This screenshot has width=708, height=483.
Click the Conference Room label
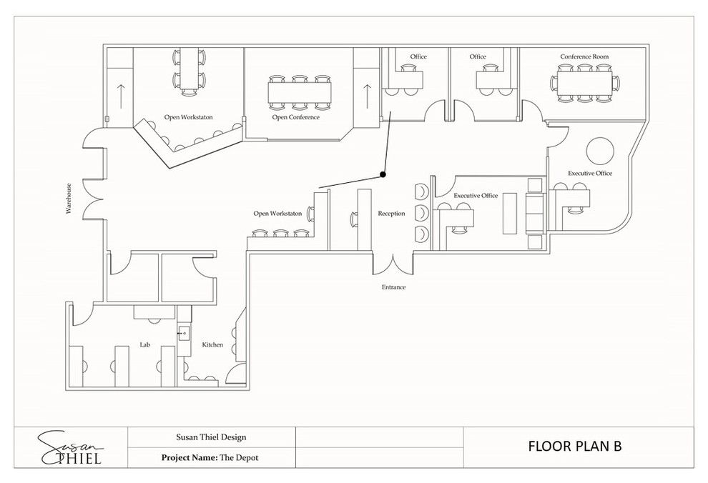(x=584, y=56)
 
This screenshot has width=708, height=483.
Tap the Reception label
(x=391, y=214)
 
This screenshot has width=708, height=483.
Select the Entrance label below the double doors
(x=394, y=287)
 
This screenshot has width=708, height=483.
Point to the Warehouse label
(x=69, y=198)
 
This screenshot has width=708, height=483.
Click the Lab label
(x=144, y=344)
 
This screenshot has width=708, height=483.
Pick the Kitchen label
(x=212, y=344)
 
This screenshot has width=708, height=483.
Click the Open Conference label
(x=296, y=117)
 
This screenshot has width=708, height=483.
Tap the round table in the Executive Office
(x=600, y=151)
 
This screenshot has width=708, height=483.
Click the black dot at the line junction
(x=383, y=174)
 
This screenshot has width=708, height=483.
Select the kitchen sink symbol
(x=183, y=333)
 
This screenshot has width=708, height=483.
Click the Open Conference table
(x=300, y=92)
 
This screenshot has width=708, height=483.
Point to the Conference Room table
(x=585, y=84)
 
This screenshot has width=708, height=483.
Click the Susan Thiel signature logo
(x=70, y=448)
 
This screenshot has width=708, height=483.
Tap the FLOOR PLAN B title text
(x=575, y=446)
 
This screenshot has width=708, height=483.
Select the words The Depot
(x=239, y=458)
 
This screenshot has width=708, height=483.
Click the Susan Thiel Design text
(x=211, y=437)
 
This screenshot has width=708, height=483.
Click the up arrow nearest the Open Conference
(x=367, y=96)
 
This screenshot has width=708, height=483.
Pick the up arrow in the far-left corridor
(x=121, y=96)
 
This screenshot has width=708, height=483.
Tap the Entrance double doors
(x=393, y=265)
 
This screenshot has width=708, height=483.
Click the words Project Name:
(x=190, y=458)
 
